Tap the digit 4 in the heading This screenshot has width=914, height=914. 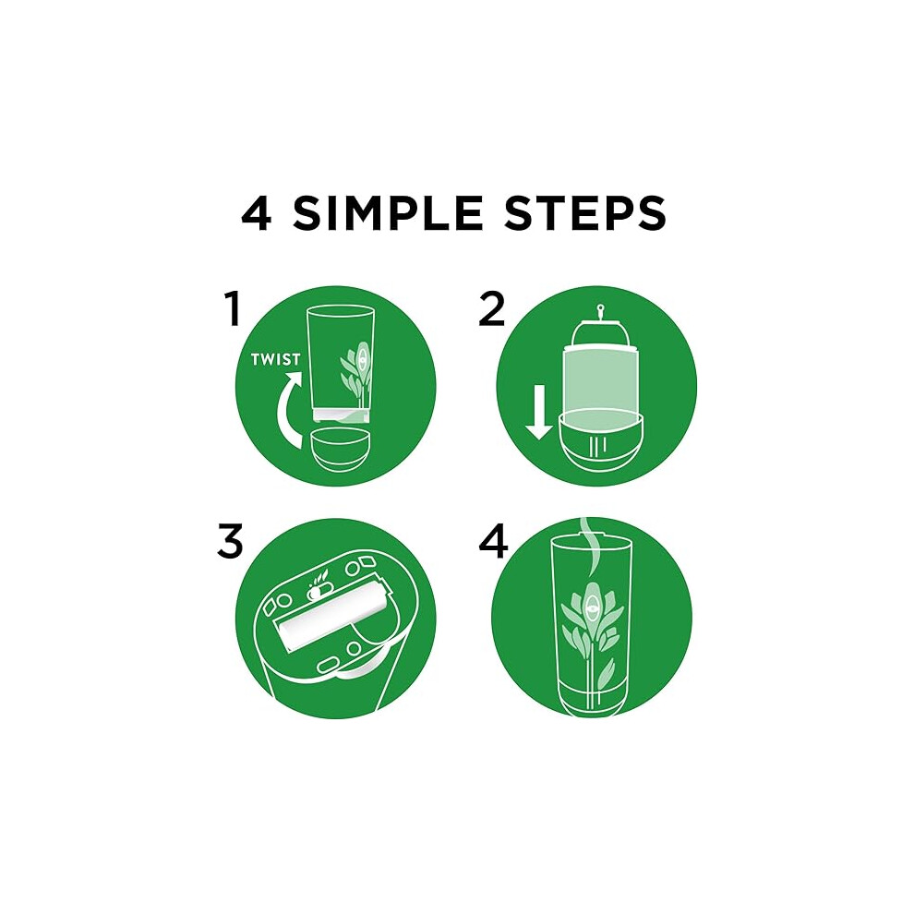coord(256,213)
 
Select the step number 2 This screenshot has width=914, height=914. coord(491,309)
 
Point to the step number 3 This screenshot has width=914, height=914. coord(230,542)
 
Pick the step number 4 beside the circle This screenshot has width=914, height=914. coord(493,542)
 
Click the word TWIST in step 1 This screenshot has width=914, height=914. coord(276,359)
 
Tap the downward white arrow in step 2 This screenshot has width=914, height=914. coord(538,412)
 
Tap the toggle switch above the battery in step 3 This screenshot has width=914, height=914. coord(316,592)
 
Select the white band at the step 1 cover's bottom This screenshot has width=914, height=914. coord(341,415)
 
